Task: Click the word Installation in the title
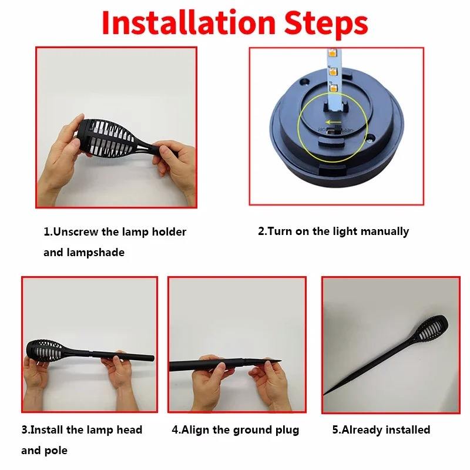click(189, 23)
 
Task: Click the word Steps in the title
click(326, 25)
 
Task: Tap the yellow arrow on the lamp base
click(333, 122)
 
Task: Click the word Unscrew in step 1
click(76, 231)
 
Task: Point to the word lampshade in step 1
click(96, 253)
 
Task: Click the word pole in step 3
click(56, 451)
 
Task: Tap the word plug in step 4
click(287, 430)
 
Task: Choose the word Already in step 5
click(362, 430)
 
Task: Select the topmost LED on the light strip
click(332, 53)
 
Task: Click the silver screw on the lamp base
click(371, 138)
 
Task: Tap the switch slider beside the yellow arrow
click(333, 130)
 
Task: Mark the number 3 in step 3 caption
click(25, 430)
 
